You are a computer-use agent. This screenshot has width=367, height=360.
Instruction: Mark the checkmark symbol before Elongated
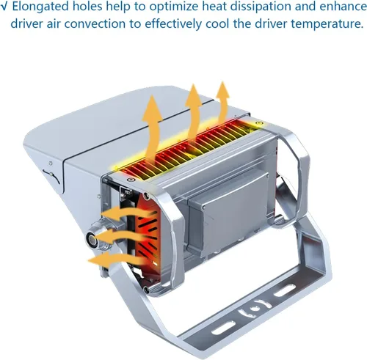4,7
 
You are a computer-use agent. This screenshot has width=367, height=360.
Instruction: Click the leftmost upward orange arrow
152,128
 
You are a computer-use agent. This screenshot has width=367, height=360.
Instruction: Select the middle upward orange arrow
193,112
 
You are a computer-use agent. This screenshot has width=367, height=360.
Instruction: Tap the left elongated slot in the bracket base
224,328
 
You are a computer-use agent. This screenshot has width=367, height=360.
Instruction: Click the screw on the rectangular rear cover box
204,207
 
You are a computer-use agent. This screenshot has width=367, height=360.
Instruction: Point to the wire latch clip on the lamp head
51,175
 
